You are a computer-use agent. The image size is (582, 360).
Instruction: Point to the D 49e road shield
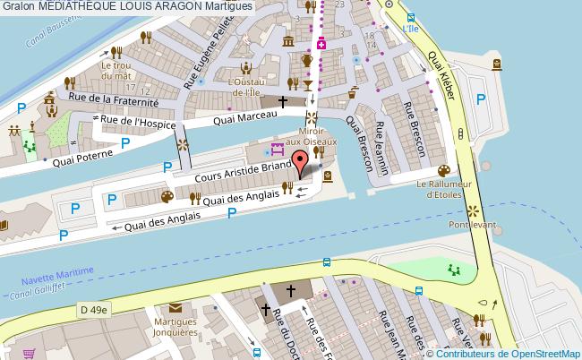92,310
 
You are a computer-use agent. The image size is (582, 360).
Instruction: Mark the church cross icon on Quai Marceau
283,102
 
